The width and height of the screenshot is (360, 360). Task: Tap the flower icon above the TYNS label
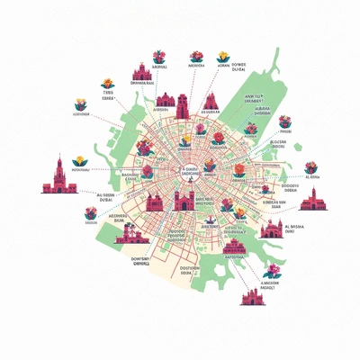click(107, 84)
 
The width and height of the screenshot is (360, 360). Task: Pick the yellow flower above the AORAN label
click(222, 56)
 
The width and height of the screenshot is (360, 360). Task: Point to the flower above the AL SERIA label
click(310, 167)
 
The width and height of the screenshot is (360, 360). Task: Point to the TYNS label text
click(108, 94)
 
